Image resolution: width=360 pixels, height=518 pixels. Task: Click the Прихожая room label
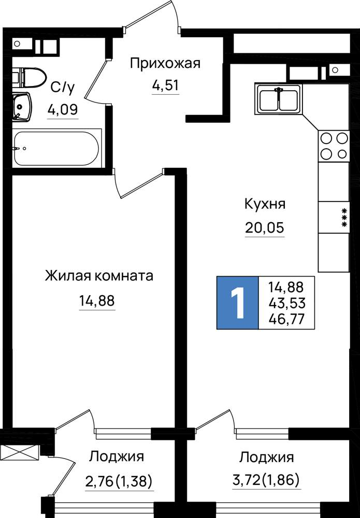click(165, 63)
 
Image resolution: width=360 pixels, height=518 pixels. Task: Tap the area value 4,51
click(165, 85)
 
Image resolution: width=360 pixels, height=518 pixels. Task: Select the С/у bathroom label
click(63, 87)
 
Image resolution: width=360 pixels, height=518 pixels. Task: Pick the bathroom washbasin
click(22, 107)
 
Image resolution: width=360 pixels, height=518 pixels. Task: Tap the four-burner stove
click(334, 146)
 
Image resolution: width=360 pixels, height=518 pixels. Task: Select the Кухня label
click(265, 204)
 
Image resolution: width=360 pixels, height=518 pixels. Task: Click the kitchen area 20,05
click(265, 227)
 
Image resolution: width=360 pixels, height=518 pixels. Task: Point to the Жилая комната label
click(99, 276)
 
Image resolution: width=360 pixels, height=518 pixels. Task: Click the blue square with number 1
click(237, 303)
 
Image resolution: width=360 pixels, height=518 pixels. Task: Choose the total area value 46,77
click(286, 319)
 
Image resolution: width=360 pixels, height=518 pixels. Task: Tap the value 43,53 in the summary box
click(286, 303)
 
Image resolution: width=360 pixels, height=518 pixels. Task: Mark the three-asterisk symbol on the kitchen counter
click(344, 218)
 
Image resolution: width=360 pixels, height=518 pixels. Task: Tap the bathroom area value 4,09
click(63, 109)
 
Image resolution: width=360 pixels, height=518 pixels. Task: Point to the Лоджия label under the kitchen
click(267, 457)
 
